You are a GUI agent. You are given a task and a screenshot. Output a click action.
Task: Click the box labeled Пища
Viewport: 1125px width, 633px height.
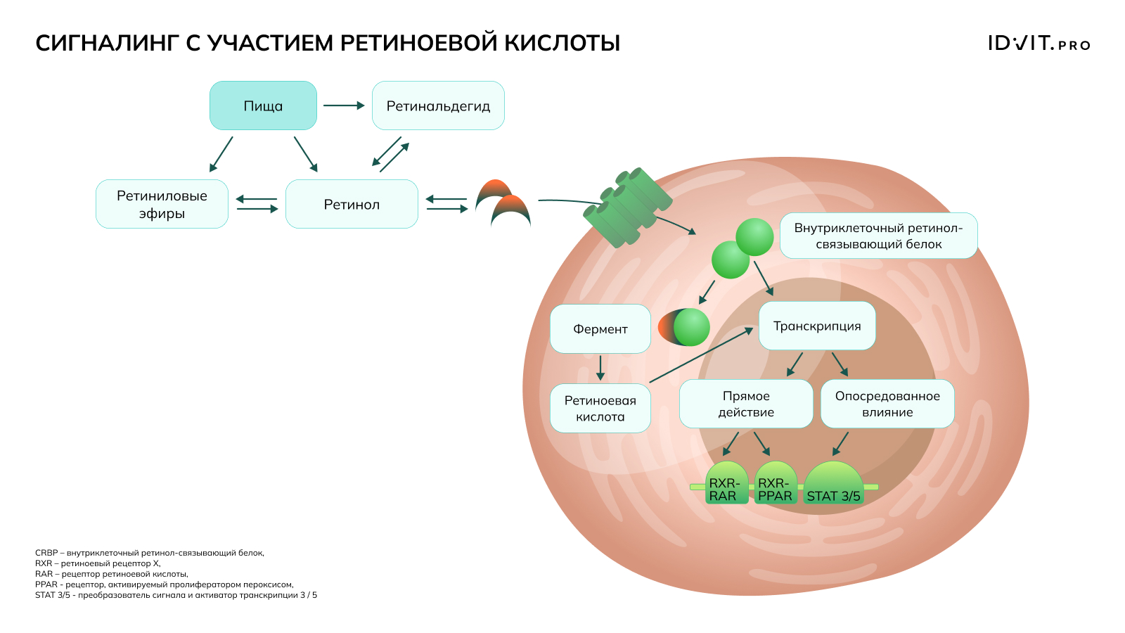(263, 105)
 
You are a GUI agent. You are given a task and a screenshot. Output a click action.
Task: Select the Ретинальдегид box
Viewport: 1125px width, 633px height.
(438, 105)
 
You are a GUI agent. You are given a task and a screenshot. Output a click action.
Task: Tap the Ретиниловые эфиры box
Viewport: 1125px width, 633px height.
(162, 204)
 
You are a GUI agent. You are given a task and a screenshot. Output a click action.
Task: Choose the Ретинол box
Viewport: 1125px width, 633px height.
(352, 204)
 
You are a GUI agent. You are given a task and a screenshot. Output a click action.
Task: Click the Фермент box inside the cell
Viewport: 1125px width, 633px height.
(600, 328)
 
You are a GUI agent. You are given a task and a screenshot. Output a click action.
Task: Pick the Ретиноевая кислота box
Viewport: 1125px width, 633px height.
(600, 408)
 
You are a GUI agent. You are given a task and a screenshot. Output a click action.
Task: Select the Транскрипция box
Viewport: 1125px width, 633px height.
(817, 326)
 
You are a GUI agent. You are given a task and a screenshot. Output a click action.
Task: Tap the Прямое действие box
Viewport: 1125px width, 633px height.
(746, 404)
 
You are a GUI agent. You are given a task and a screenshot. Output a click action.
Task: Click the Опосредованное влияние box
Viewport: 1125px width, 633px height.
(887, 404)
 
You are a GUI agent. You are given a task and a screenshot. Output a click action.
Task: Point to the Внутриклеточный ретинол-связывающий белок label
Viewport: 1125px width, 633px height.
(878, 236)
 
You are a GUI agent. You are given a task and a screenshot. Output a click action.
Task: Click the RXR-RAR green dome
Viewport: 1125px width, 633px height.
(726, 482)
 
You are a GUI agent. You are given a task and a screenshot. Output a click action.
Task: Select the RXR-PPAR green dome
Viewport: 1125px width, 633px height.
(776, 482)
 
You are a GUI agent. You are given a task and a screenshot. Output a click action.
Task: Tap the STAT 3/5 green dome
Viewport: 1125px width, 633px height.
(833, 482)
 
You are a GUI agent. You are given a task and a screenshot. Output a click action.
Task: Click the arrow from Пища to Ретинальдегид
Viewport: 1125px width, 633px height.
(344, 105)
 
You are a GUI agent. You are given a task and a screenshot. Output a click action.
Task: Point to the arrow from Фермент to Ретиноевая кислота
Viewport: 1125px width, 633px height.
(600, 369)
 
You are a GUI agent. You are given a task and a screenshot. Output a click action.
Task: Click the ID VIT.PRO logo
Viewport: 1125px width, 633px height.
(1039, 43)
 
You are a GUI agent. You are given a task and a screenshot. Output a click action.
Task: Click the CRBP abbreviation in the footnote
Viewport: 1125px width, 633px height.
(46, 553)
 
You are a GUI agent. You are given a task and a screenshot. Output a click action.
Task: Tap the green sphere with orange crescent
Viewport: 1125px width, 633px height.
(684, 327)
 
